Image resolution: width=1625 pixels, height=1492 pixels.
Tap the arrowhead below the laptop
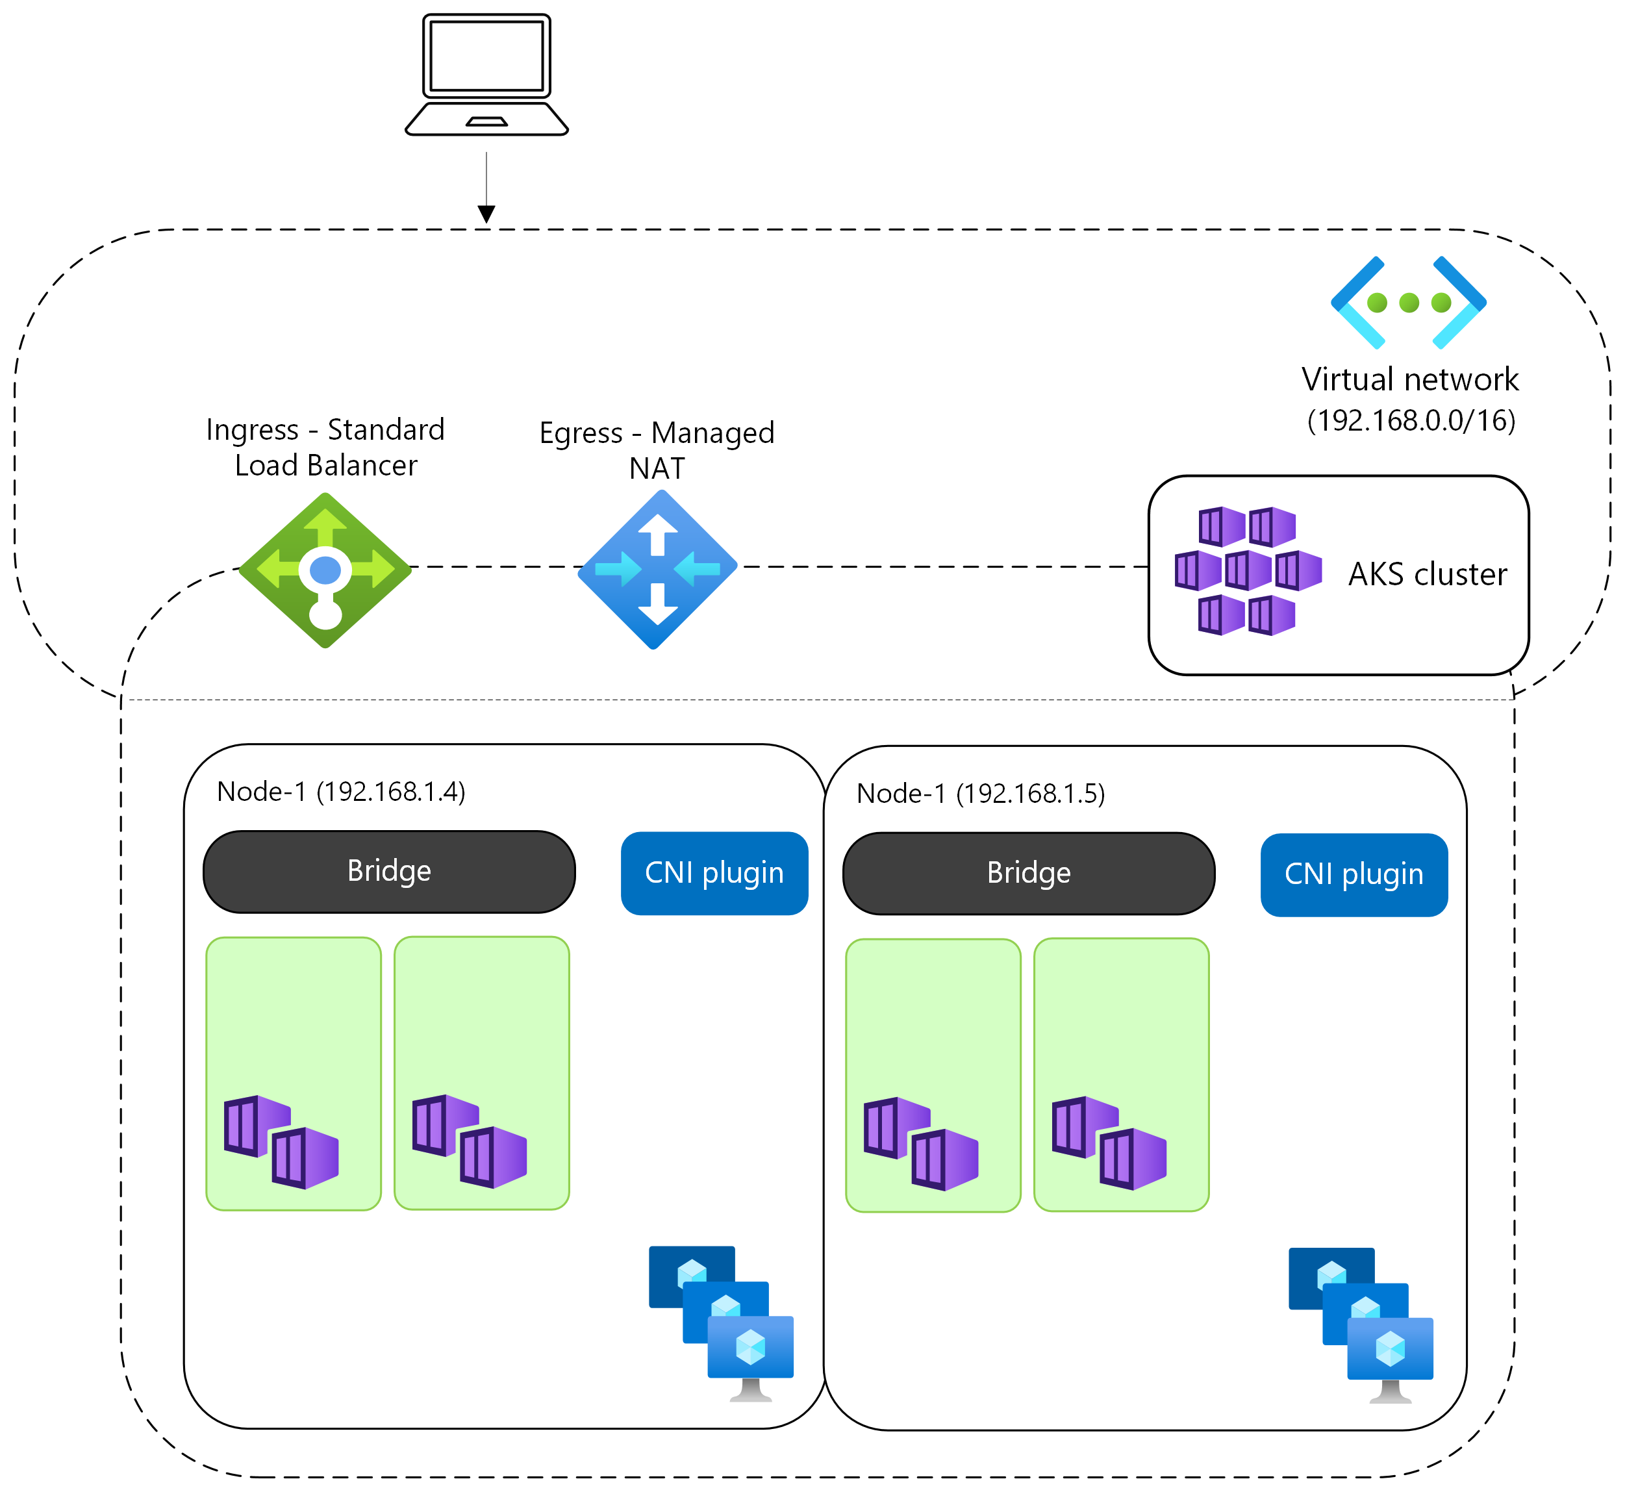pyautogui.click(x=486, y=214)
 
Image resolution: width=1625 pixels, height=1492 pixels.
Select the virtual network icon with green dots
pyautogui.click(x=1408, y=303)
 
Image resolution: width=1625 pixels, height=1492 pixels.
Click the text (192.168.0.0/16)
pyautogui.click(x=1410, y=421)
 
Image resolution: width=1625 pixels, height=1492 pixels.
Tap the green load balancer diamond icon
pyautogui.click(x=325, y=570)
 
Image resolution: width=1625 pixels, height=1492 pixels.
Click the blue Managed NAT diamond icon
pyautogui.click(x=657, y=569)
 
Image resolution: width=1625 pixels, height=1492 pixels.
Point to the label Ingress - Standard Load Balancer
pyautogui.click(x=325, y=448)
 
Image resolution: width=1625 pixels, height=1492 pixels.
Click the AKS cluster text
pyautogui.click(x=1426, y=574)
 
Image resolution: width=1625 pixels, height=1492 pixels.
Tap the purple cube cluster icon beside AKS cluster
pyautogui.click(x=1247, y=571)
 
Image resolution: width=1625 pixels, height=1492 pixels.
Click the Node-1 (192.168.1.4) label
pyautogui.click(x=341, y=791)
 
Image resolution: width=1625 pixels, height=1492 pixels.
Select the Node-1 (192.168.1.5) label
pyautogui.click(x=980, y=794)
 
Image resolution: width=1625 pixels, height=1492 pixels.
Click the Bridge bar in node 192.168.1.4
pyautogui.click(x=389, y=871)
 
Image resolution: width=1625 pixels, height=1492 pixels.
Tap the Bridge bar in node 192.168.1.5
pyautogui.click(x=1028, y=873)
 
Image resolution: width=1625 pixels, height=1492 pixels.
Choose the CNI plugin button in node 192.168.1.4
pyautogui.click(x=714, y=873)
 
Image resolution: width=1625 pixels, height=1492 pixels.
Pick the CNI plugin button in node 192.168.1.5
pyautogui.click(x=1353, y=874)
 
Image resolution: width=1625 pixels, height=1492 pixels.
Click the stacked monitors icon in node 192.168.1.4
pyautogui.click(x=721, y=1322)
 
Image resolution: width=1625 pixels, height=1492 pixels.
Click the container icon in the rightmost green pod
pyautogui.click(x=1109, y=1143)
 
